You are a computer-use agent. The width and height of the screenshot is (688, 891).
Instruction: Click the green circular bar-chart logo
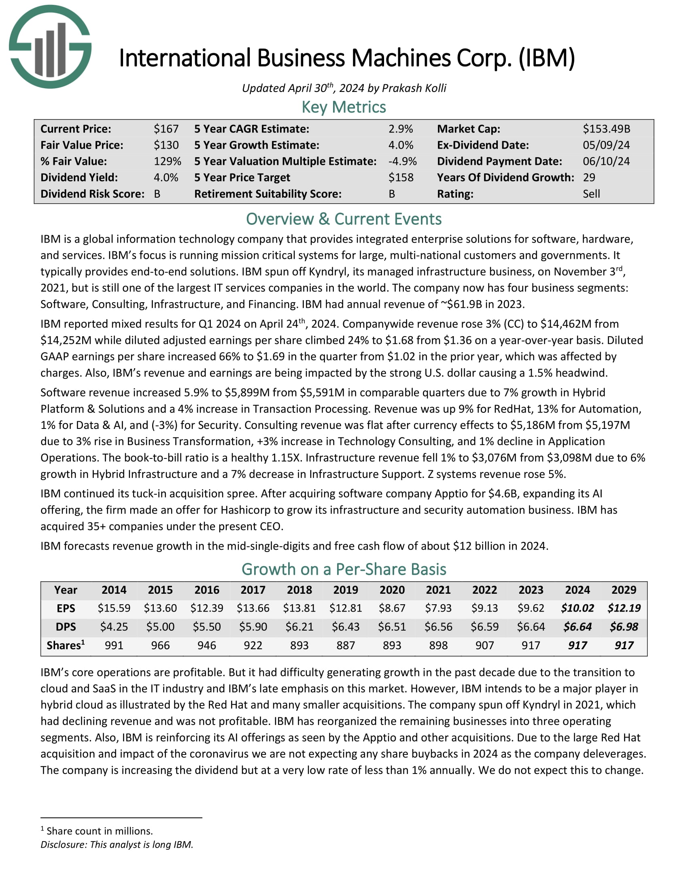[x=50, y=47]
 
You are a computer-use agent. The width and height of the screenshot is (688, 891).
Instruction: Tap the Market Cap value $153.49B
[x=606, y=129]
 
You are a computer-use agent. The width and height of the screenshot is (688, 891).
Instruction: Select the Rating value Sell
[x=591, y=194]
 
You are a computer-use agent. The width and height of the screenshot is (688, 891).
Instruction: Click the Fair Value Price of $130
[x=166, y=145]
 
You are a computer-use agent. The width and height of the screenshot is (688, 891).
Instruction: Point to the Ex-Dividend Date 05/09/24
[x=606, y=145]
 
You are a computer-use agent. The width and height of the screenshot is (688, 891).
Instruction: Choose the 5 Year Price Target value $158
[x=401, y=177]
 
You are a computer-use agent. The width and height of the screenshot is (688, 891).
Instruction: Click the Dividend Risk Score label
[x=92, y=194]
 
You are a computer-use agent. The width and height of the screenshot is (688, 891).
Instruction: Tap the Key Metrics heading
[x=344, y=107]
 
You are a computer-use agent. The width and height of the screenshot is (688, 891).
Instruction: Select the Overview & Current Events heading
[x=344, y=219]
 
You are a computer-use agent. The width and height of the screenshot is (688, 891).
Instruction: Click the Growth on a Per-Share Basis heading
[x=344, y=569]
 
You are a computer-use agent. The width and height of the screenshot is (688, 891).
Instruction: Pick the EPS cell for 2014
[x=114, y=608]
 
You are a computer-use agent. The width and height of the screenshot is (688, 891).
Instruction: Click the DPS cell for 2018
[x=299, y=627]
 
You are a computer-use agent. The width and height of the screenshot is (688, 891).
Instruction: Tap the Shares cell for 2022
[x=484, y=645]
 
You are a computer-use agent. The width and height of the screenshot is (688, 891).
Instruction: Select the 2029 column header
[x=624, y=590]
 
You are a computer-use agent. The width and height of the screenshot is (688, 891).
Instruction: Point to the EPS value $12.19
[x=624, y=608]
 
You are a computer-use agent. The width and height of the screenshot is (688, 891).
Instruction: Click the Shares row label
[x=66, y=645]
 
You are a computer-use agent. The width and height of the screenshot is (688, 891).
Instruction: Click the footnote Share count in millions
[x=100, y=831]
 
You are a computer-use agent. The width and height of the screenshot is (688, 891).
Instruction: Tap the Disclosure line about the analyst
[x=117, y=844]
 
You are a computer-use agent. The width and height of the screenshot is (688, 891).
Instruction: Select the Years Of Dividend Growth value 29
[x=589, y=177]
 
